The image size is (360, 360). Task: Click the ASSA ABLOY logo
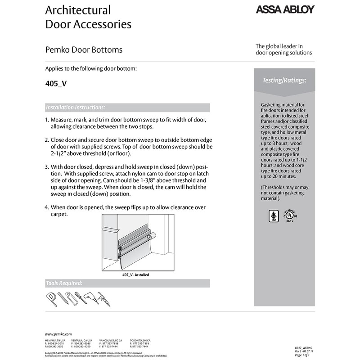285,10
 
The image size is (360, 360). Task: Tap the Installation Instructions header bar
127,108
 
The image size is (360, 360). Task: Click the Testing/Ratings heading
284,80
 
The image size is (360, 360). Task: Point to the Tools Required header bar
127,283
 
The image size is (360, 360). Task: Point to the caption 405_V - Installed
135,274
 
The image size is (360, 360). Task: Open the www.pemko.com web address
58,333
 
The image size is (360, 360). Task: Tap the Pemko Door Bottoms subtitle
84,49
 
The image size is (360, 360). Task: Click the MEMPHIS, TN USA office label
55,341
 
